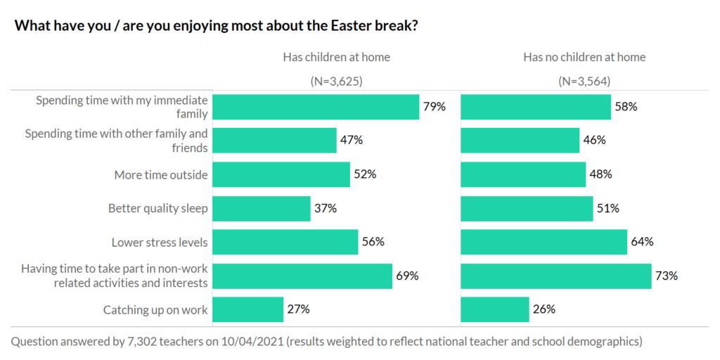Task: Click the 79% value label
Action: point(434,107)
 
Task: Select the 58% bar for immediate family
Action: point(536,107)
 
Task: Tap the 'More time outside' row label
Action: point(161,174)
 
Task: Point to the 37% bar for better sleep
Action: point(262,208)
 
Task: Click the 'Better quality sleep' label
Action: point(158,208)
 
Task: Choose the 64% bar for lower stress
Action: point(544,242)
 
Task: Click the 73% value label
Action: point(667,276)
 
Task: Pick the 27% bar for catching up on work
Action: point(247,309)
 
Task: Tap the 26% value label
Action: point(544,309)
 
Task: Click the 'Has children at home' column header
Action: point(336,57)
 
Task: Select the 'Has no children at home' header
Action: point(584,57)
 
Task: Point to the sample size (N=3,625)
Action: point(336,81)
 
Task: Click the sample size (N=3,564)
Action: point(584,81)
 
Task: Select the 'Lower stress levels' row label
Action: point(160,243)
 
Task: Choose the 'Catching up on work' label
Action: point(155,309)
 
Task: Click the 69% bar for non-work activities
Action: point(302,276)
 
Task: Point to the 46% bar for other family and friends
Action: point(520,141)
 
